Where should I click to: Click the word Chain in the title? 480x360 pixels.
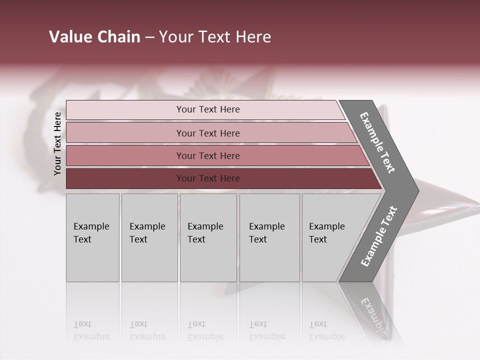(118, 37)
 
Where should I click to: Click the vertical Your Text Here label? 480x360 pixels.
(57, 143)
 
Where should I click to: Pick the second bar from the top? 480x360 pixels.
(208, 133)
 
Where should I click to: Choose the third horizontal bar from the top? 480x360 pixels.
(208, 155)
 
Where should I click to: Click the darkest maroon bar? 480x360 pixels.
(208, 178)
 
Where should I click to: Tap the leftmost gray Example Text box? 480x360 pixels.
(92, 237)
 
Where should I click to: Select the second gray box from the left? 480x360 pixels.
(149, 237)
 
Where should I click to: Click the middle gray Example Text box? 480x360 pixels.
(208, 237)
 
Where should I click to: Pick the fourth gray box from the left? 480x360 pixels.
(269, 237)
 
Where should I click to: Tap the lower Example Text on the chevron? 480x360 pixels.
(379, 236)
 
